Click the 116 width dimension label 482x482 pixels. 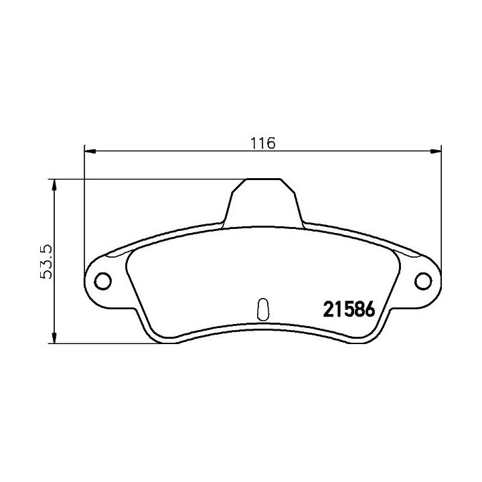263,143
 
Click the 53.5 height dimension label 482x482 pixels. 47,262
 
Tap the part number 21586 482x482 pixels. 349,309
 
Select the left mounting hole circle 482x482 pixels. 103,281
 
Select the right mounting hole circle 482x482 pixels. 423,281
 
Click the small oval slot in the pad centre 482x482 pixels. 263,309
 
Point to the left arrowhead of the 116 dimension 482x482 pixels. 90,151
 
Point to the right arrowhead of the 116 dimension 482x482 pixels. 435,151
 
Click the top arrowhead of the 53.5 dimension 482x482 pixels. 54,185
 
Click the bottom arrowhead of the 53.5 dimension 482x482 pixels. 54,337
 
